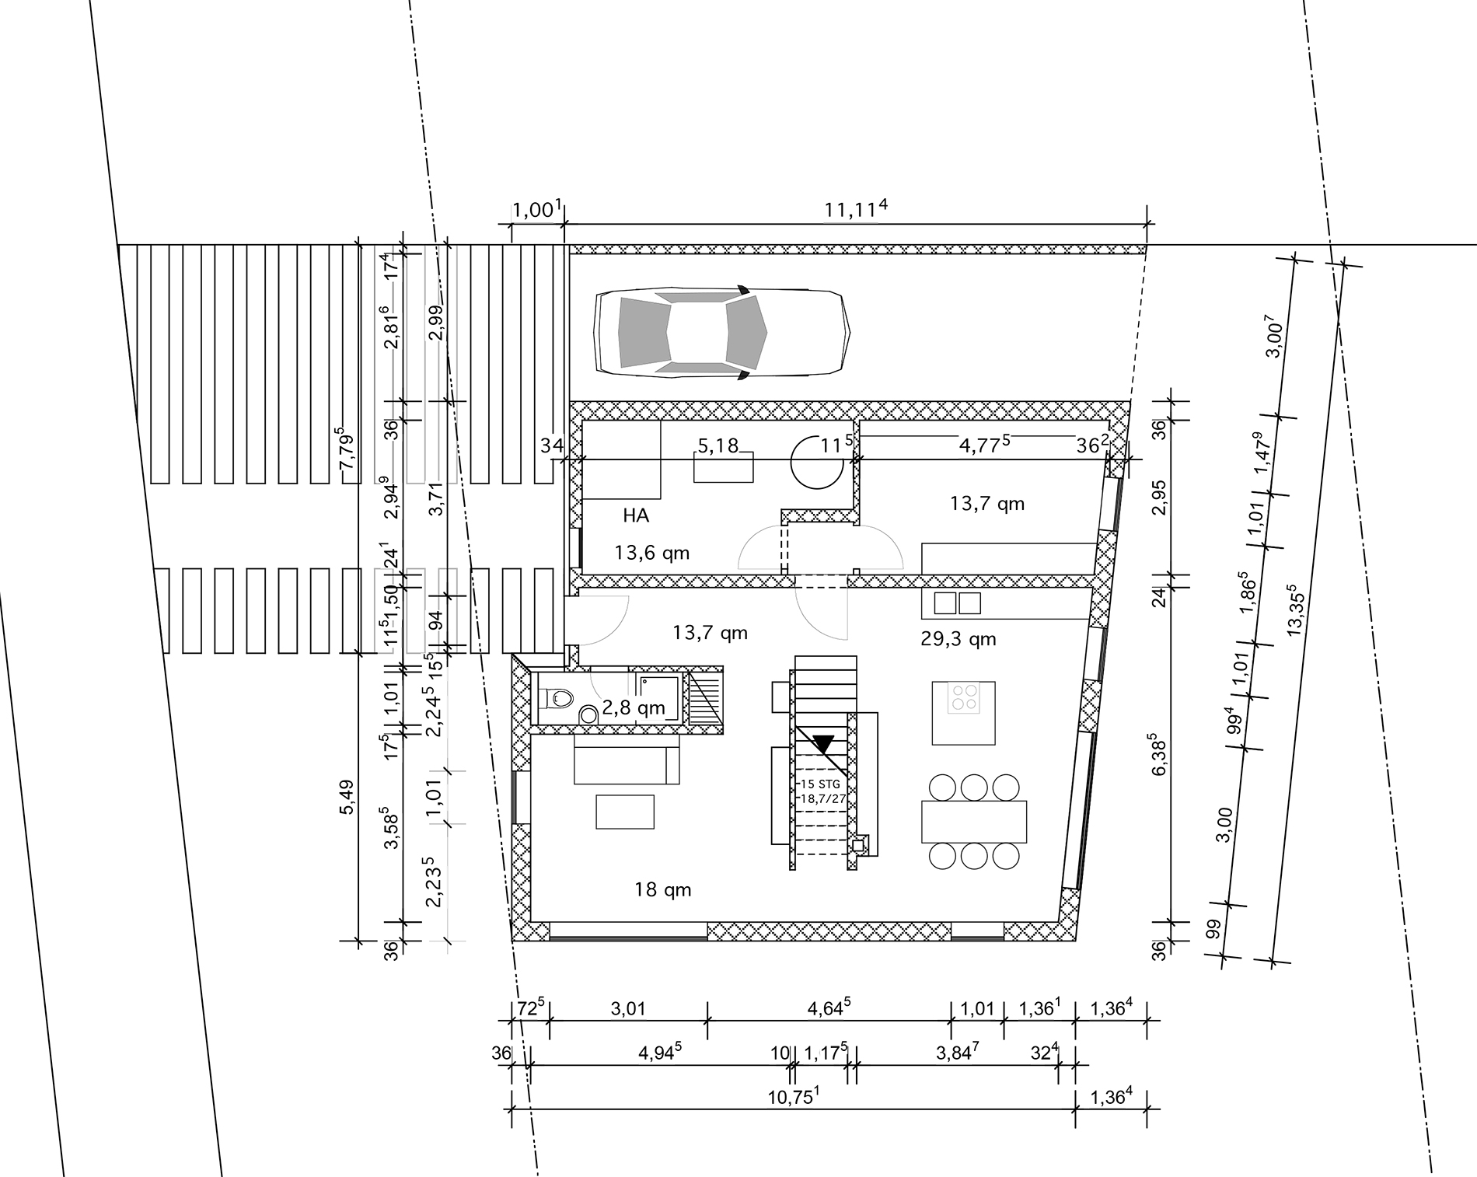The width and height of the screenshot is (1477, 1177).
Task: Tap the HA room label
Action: [636, 515]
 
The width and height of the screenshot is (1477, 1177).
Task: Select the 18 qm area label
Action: [662, 890]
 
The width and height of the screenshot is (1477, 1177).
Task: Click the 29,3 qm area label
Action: [958, 639]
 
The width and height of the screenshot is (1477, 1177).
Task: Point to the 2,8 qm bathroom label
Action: [634, 707]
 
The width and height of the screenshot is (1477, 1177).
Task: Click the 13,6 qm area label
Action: [651, 553]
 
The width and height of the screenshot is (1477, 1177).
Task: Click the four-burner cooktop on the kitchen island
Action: [964, 697]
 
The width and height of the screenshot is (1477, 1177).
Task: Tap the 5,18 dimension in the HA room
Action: [718, 446]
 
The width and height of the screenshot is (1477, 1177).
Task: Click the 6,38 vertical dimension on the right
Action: [1160, 753]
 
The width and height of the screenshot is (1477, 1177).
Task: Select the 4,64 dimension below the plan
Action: [829, 1008]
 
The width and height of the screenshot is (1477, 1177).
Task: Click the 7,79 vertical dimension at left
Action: [346, 447]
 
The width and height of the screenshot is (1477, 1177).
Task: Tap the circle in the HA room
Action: [817, 462]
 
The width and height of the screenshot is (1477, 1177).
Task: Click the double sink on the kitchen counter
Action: [958, 603]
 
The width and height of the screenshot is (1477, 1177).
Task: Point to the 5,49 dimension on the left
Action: [347, 798]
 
